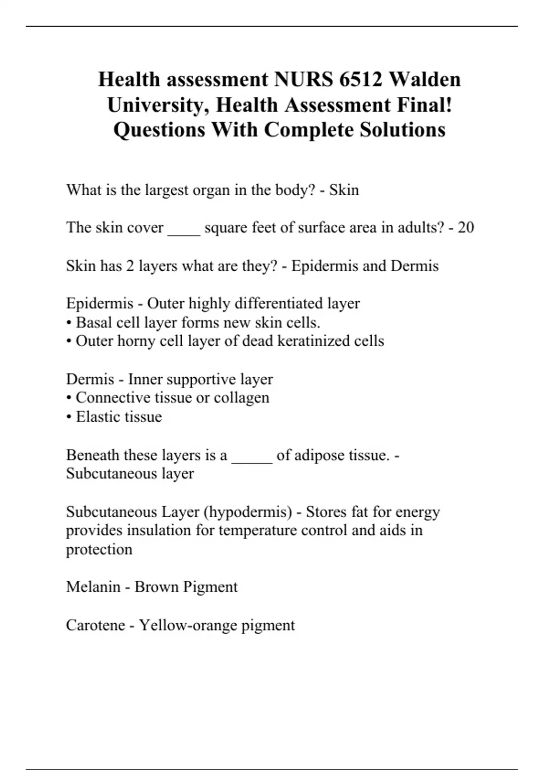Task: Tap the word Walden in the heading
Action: click(425, 80)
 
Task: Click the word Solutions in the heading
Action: click(403, 130)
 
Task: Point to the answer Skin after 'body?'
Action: click(344, 190)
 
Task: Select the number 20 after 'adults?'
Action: click(466, 227)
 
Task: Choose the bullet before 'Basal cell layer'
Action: click(69, 323)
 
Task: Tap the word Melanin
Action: click(93, 587)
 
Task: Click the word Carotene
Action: click(95, 626)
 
